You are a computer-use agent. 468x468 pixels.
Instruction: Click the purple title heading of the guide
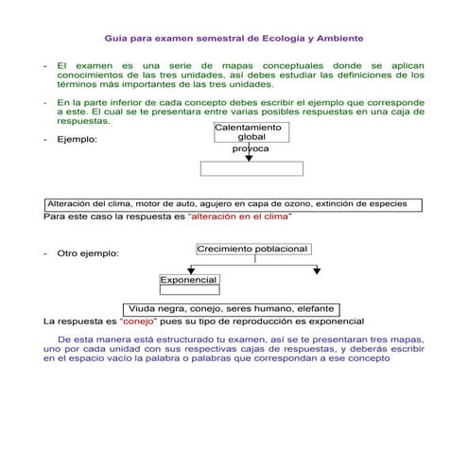tap(234, 39)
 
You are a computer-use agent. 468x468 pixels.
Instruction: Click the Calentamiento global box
tap(249, 132)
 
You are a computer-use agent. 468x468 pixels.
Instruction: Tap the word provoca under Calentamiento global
tap(251, 149)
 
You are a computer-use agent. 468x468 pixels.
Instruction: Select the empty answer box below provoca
tap(251, 168)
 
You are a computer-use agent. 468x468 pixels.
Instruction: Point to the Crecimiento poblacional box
tap(253, 249)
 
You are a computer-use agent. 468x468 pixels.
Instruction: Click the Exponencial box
tap(189, 281)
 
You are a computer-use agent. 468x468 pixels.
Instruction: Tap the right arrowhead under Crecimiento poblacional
tap(317, 270)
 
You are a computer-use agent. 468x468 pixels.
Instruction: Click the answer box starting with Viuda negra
tap(233, 309)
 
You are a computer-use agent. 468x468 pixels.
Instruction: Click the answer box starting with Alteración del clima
tap(233, 204)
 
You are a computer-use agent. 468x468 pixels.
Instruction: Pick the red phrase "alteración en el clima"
tap(240, 217)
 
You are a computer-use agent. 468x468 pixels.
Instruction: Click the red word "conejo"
tap(140, 321)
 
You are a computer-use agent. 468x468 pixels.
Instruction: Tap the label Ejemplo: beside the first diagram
tap(77, 140)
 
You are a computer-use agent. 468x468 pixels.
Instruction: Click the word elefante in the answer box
tap(316, 309)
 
